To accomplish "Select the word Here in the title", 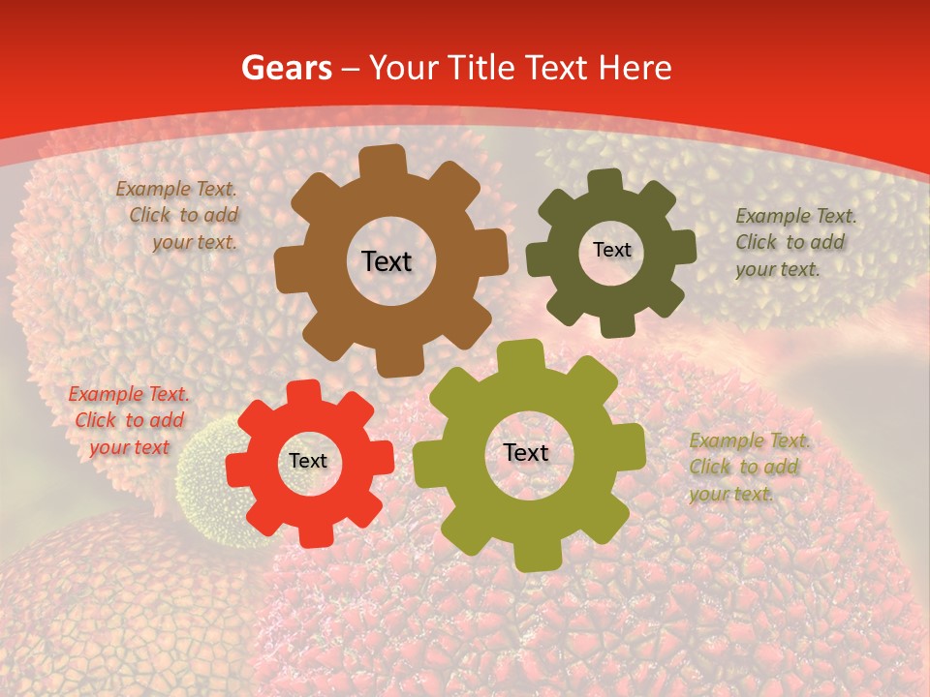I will tap(635, 68).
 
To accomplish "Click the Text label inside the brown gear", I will tap(387, 261).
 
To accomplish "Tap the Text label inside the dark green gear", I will tap(611, 250).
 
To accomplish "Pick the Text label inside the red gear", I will tap(308, 462).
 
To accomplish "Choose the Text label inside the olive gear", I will tap(526, 453).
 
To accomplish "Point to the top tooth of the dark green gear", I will tap(605, 181).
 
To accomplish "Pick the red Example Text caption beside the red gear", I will tap(129, 420).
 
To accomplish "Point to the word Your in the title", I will tap(403, 68).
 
